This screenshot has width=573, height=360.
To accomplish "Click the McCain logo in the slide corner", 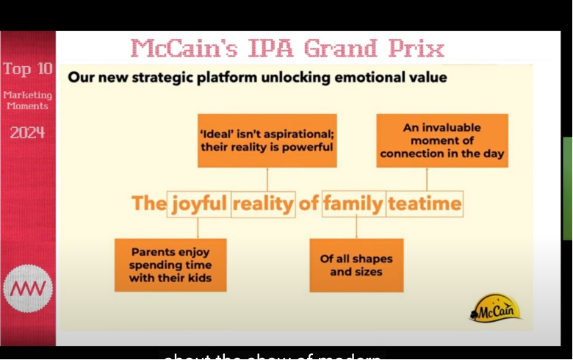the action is [x=496, y=308].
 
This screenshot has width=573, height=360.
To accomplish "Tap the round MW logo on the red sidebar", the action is [x=28, y=289].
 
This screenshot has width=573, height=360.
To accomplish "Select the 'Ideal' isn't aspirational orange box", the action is [x=267, y=140].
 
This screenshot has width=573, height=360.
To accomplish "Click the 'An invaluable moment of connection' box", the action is [x=442, y=140].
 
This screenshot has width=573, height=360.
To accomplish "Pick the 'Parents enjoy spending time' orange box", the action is [x=170, y=264].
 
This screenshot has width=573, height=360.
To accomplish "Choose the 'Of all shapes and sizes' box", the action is [x=356, y=264].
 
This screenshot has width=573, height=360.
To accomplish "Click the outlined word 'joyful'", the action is [x=199, y=204].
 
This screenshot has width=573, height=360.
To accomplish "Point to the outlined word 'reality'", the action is [x=263, y=204].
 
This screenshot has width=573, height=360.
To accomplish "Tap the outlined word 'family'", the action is [x=353, y=204].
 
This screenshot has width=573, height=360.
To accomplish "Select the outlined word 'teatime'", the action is [x=425, y=204].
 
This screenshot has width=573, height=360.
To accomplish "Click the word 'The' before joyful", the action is [x=148, y=204].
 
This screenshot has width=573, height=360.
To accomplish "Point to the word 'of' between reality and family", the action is [x=309, y=204].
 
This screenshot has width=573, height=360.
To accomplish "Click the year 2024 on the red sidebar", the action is [x=27, y=133].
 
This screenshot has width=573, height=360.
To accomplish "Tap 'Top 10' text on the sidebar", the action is [x=28, y=70].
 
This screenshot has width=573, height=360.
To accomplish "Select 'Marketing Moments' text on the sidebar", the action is [x=27, y=100].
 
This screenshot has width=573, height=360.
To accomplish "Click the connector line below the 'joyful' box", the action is [x=198, y=227].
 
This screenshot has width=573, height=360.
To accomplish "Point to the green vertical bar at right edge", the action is [x=567, y=188].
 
